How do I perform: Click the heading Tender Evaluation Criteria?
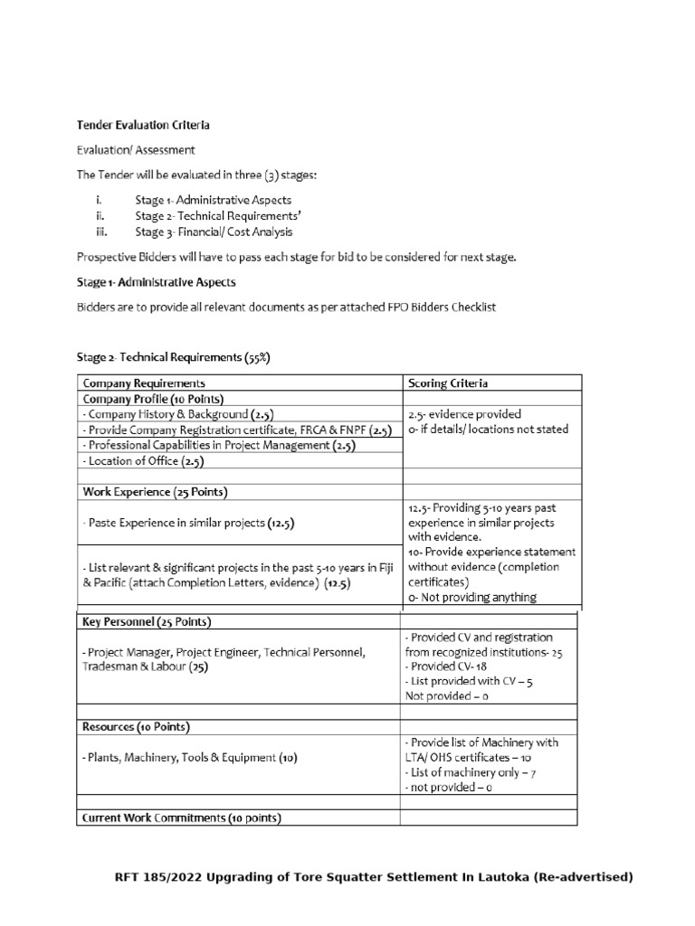(143, 125)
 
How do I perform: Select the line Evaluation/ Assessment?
(135, 149)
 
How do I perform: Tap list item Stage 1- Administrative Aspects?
(213, 199)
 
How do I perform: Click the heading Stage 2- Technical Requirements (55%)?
(172, 358)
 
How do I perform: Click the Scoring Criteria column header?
(448, 383)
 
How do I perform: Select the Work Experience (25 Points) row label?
(155, 492)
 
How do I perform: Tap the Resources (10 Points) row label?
(136, 726)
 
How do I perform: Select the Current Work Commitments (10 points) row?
(182, 817)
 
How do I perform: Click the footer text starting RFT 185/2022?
(373, 877)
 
